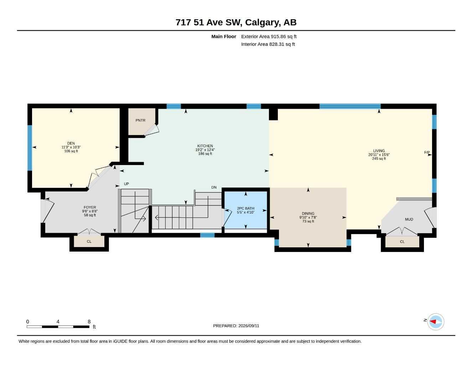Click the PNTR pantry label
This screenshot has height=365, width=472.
point(140,120)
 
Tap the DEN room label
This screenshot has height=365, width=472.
point(71,143)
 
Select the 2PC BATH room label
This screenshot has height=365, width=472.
point(245,209)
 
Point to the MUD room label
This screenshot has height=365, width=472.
point(409,220)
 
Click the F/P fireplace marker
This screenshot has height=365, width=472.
point(427,153)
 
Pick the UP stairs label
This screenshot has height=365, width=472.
point(126,184)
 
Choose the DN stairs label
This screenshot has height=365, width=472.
point(214,187)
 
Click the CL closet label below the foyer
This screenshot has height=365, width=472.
point(89,242)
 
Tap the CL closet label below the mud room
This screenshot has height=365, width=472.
point(402,242)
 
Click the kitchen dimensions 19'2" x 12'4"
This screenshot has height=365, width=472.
point(205,150)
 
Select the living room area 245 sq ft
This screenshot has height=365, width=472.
point(379,159)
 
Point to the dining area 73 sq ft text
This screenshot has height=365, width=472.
point(308,221)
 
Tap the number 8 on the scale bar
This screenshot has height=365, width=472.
point(89,322)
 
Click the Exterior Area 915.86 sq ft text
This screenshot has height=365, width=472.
point(269,36)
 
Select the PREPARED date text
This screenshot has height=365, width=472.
point(236,326)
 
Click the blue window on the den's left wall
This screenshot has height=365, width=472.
point(30,148)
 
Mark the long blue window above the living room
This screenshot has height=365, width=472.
point(350,106)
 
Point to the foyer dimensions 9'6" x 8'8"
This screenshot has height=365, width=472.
point(90,211)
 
